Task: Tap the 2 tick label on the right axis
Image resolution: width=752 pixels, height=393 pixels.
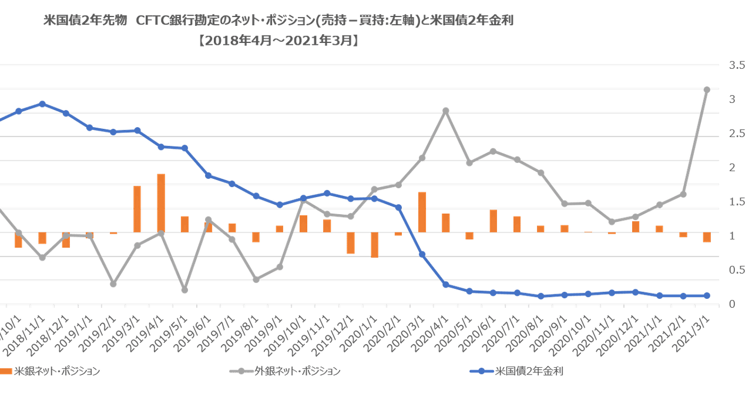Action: (x=731, y=168)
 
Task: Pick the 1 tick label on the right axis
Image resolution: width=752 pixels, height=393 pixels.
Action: (x=731, y=235)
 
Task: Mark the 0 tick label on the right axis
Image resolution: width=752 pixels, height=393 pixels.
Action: (x=731, y=304)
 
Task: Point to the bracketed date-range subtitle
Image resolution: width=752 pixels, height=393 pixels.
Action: (x=278, y=42)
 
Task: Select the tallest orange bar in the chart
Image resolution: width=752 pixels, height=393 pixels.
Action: (x=160, y=202)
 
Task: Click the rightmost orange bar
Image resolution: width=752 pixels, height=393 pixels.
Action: (x=706, y=237)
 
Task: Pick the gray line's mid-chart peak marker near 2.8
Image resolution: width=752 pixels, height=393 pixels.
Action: (x=445, y=110)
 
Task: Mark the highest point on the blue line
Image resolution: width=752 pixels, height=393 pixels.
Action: (x=42, y=104)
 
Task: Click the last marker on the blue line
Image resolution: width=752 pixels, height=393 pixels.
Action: (x=707, y=296)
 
